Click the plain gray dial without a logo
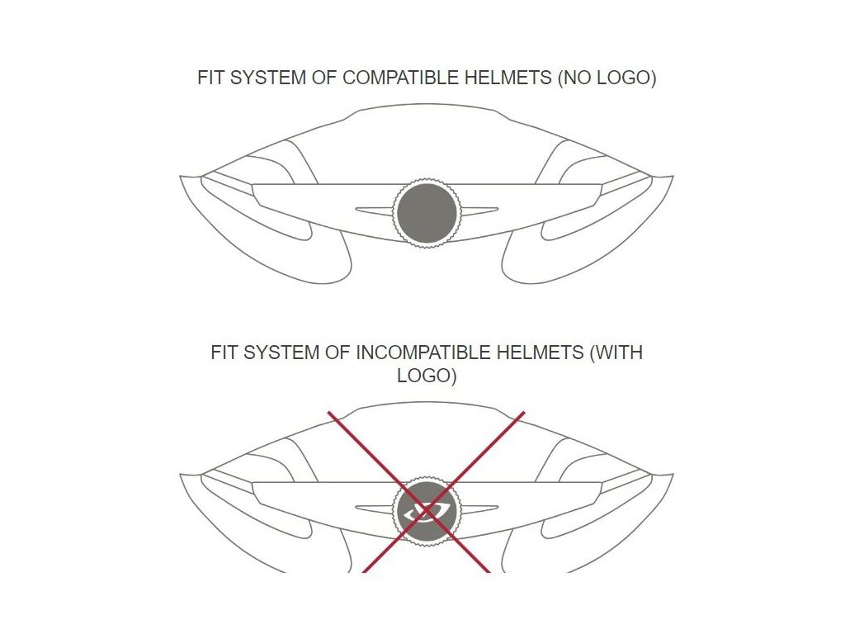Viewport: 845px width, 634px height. click(426, 213)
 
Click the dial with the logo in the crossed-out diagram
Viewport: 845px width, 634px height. click(426, 510)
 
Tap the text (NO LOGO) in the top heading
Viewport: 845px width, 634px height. click(607, 79)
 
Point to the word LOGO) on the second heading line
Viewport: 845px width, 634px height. click(427, 376)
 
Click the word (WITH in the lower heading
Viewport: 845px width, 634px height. click(616, 353)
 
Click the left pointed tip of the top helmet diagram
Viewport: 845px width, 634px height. click(182, 177)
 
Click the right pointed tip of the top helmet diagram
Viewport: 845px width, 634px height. click(671, 177)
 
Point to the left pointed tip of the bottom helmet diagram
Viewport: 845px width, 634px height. click(182, 475)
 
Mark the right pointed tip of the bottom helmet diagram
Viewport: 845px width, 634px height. click(671, 475)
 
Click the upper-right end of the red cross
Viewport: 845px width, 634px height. click(522, 414)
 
